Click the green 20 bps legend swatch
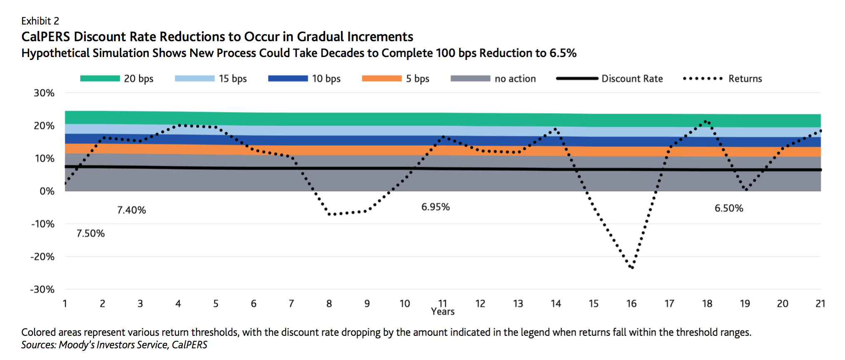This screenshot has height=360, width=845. pyautogui.click(x=100, y=78)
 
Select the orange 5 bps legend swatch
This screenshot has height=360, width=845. pyautogui.click(x=382, y=78)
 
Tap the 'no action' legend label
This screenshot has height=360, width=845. pyautogui.click(x=515, y=79)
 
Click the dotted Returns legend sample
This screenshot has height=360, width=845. pyautogui.click(x=703, y=78)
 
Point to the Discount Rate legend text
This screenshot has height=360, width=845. pyautogui.click(x=632, y=79)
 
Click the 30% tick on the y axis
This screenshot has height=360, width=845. pyautogui.click(x=44, y=93)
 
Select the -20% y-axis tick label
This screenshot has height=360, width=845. pyautogui.click(x=42, y=257)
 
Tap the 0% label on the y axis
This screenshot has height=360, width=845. pyautogui.click(x=47, y=191)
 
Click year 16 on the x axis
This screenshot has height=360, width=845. pyautogui.click(x=631, y=304)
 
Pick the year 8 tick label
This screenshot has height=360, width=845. pyautogui.click(x=329, y=304)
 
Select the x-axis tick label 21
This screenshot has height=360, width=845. pyautogui.click(x=820, y=304)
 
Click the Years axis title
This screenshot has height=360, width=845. pyautogui.click(x=442, y=312)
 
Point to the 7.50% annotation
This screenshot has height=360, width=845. pyautogui.click(x=90, y=233)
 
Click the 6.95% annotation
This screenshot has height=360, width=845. pyautogui.click(x=435, y=207)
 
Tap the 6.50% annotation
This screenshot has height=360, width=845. pyautogui.click(x=728, y=208)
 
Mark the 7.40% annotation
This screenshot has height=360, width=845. pyautogui.click(x=131, y=210)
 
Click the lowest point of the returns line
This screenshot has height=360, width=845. pyautogui.click(x=632, y=267)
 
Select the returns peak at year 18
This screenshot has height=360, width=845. pyautogui.click(x=706, y=122)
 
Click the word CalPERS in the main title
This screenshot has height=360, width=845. pyautogui.click(x=46, y=37)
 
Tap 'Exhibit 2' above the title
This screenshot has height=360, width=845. pyautogui.click(x=40, y=21)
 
